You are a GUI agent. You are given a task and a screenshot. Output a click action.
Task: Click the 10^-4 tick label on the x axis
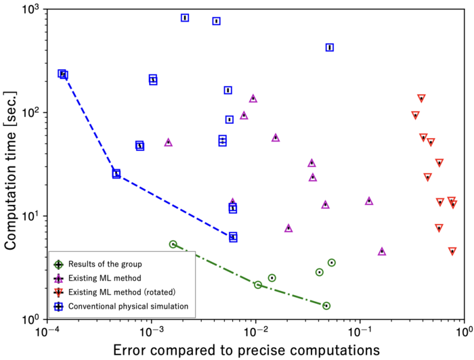(47, 332)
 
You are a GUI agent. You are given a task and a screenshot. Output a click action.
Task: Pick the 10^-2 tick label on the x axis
(255, 332)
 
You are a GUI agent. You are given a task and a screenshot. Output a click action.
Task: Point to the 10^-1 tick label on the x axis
(360, 332)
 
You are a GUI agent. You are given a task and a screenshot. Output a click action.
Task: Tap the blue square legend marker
(60, 306)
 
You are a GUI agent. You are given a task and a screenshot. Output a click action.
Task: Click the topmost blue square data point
(185, 18)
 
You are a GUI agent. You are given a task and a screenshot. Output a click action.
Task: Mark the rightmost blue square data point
(330, 47)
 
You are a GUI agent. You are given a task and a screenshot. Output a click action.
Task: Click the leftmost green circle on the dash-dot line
(173, 244)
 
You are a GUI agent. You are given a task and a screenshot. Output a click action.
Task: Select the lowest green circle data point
(326, 306)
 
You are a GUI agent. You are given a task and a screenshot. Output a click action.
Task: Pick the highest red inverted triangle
(421, 99)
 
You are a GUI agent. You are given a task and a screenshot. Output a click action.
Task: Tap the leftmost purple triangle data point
(169, 142)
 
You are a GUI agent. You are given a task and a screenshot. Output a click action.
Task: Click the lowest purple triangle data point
(382, 252)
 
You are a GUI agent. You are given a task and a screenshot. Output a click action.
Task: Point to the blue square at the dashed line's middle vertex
(116, 174)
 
